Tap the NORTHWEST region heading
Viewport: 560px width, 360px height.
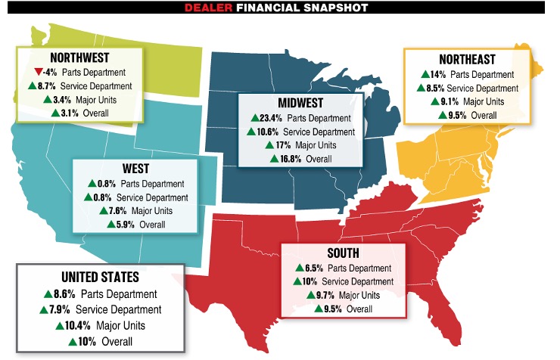79,57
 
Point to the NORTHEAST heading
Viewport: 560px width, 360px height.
465,59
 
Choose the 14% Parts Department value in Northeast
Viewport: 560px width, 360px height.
437,74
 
